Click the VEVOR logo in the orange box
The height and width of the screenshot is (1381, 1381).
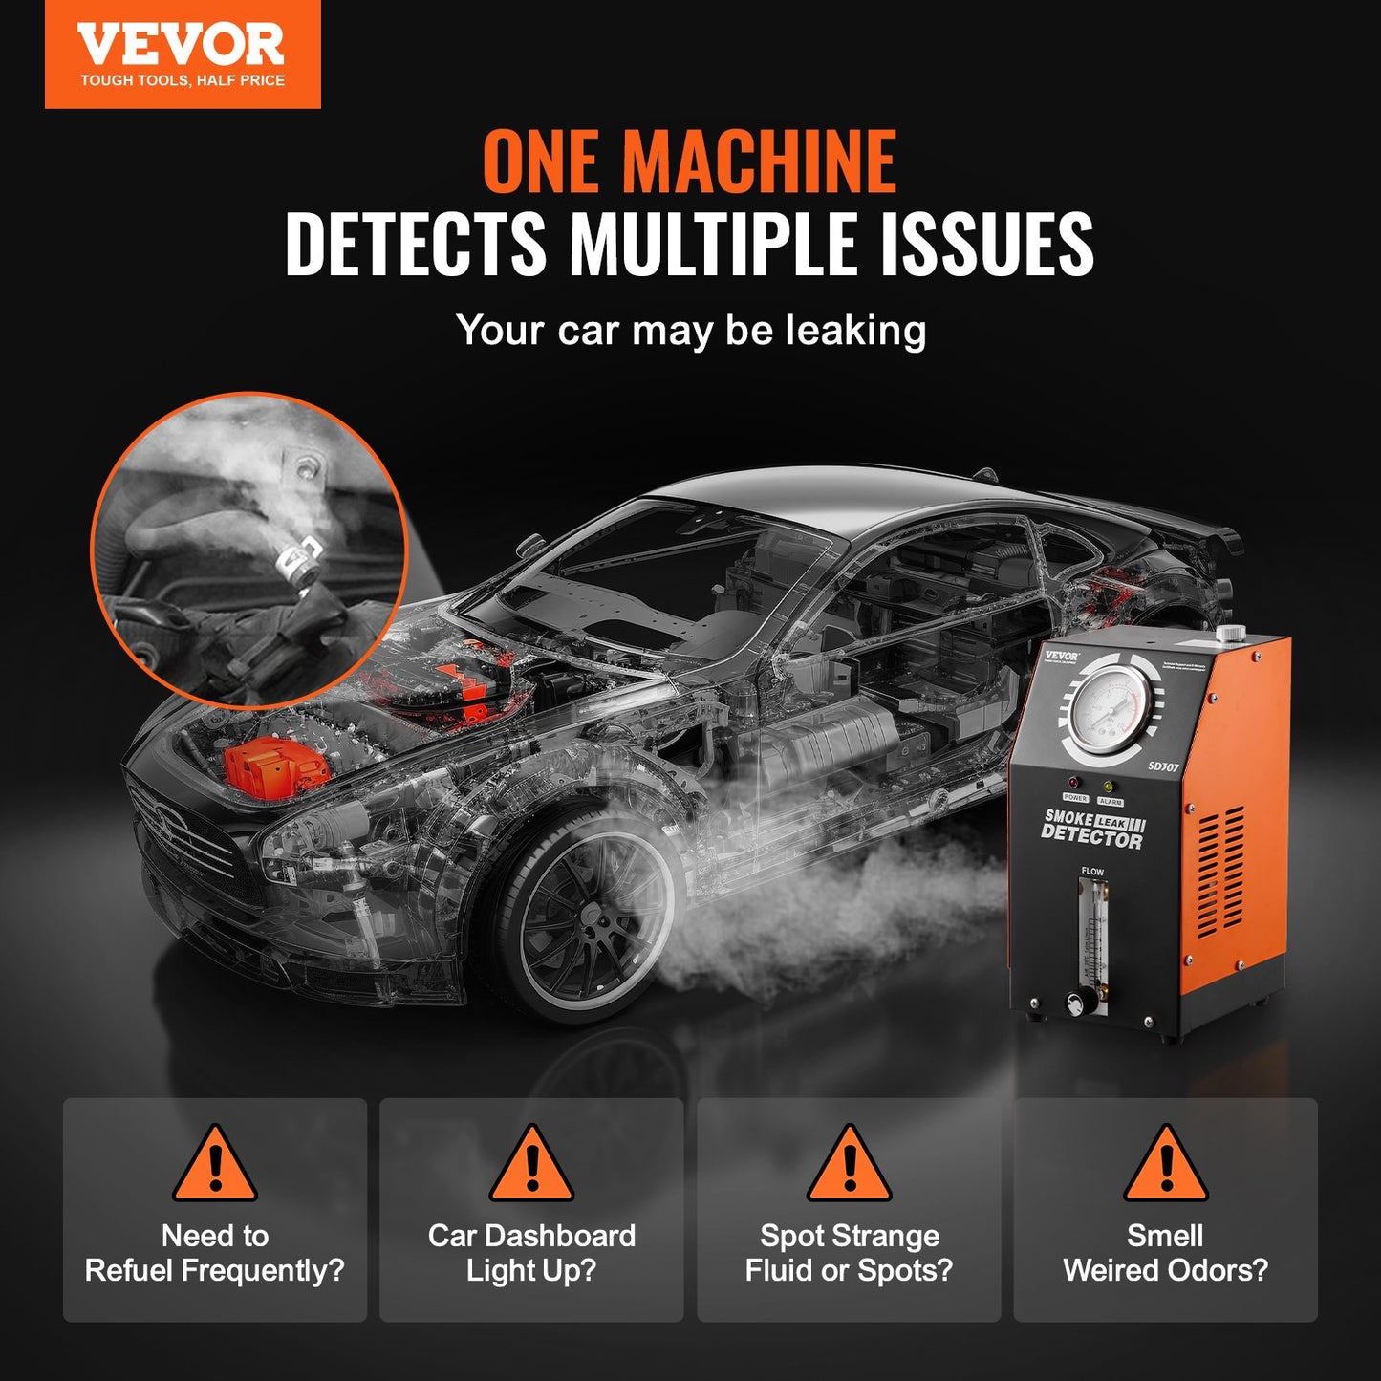(182, 46)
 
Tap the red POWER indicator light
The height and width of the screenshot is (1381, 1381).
(1073, 783)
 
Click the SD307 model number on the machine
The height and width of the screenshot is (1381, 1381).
(1163, 766)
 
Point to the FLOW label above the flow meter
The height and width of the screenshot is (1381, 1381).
(1091, 872)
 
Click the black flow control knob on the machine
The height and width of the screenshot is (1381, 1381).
(1079, 1002)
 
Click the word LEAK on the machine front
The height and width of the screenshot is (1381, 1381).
(1111, 822)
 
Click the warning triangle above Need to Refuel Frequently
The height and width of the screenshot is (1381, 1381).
(215, 1166)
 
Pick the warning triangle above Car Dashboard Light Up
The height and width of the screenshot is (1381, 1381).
(531, 1166)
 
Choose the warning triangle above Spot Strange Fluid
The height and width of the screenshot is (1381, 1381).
(849, 1166)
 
